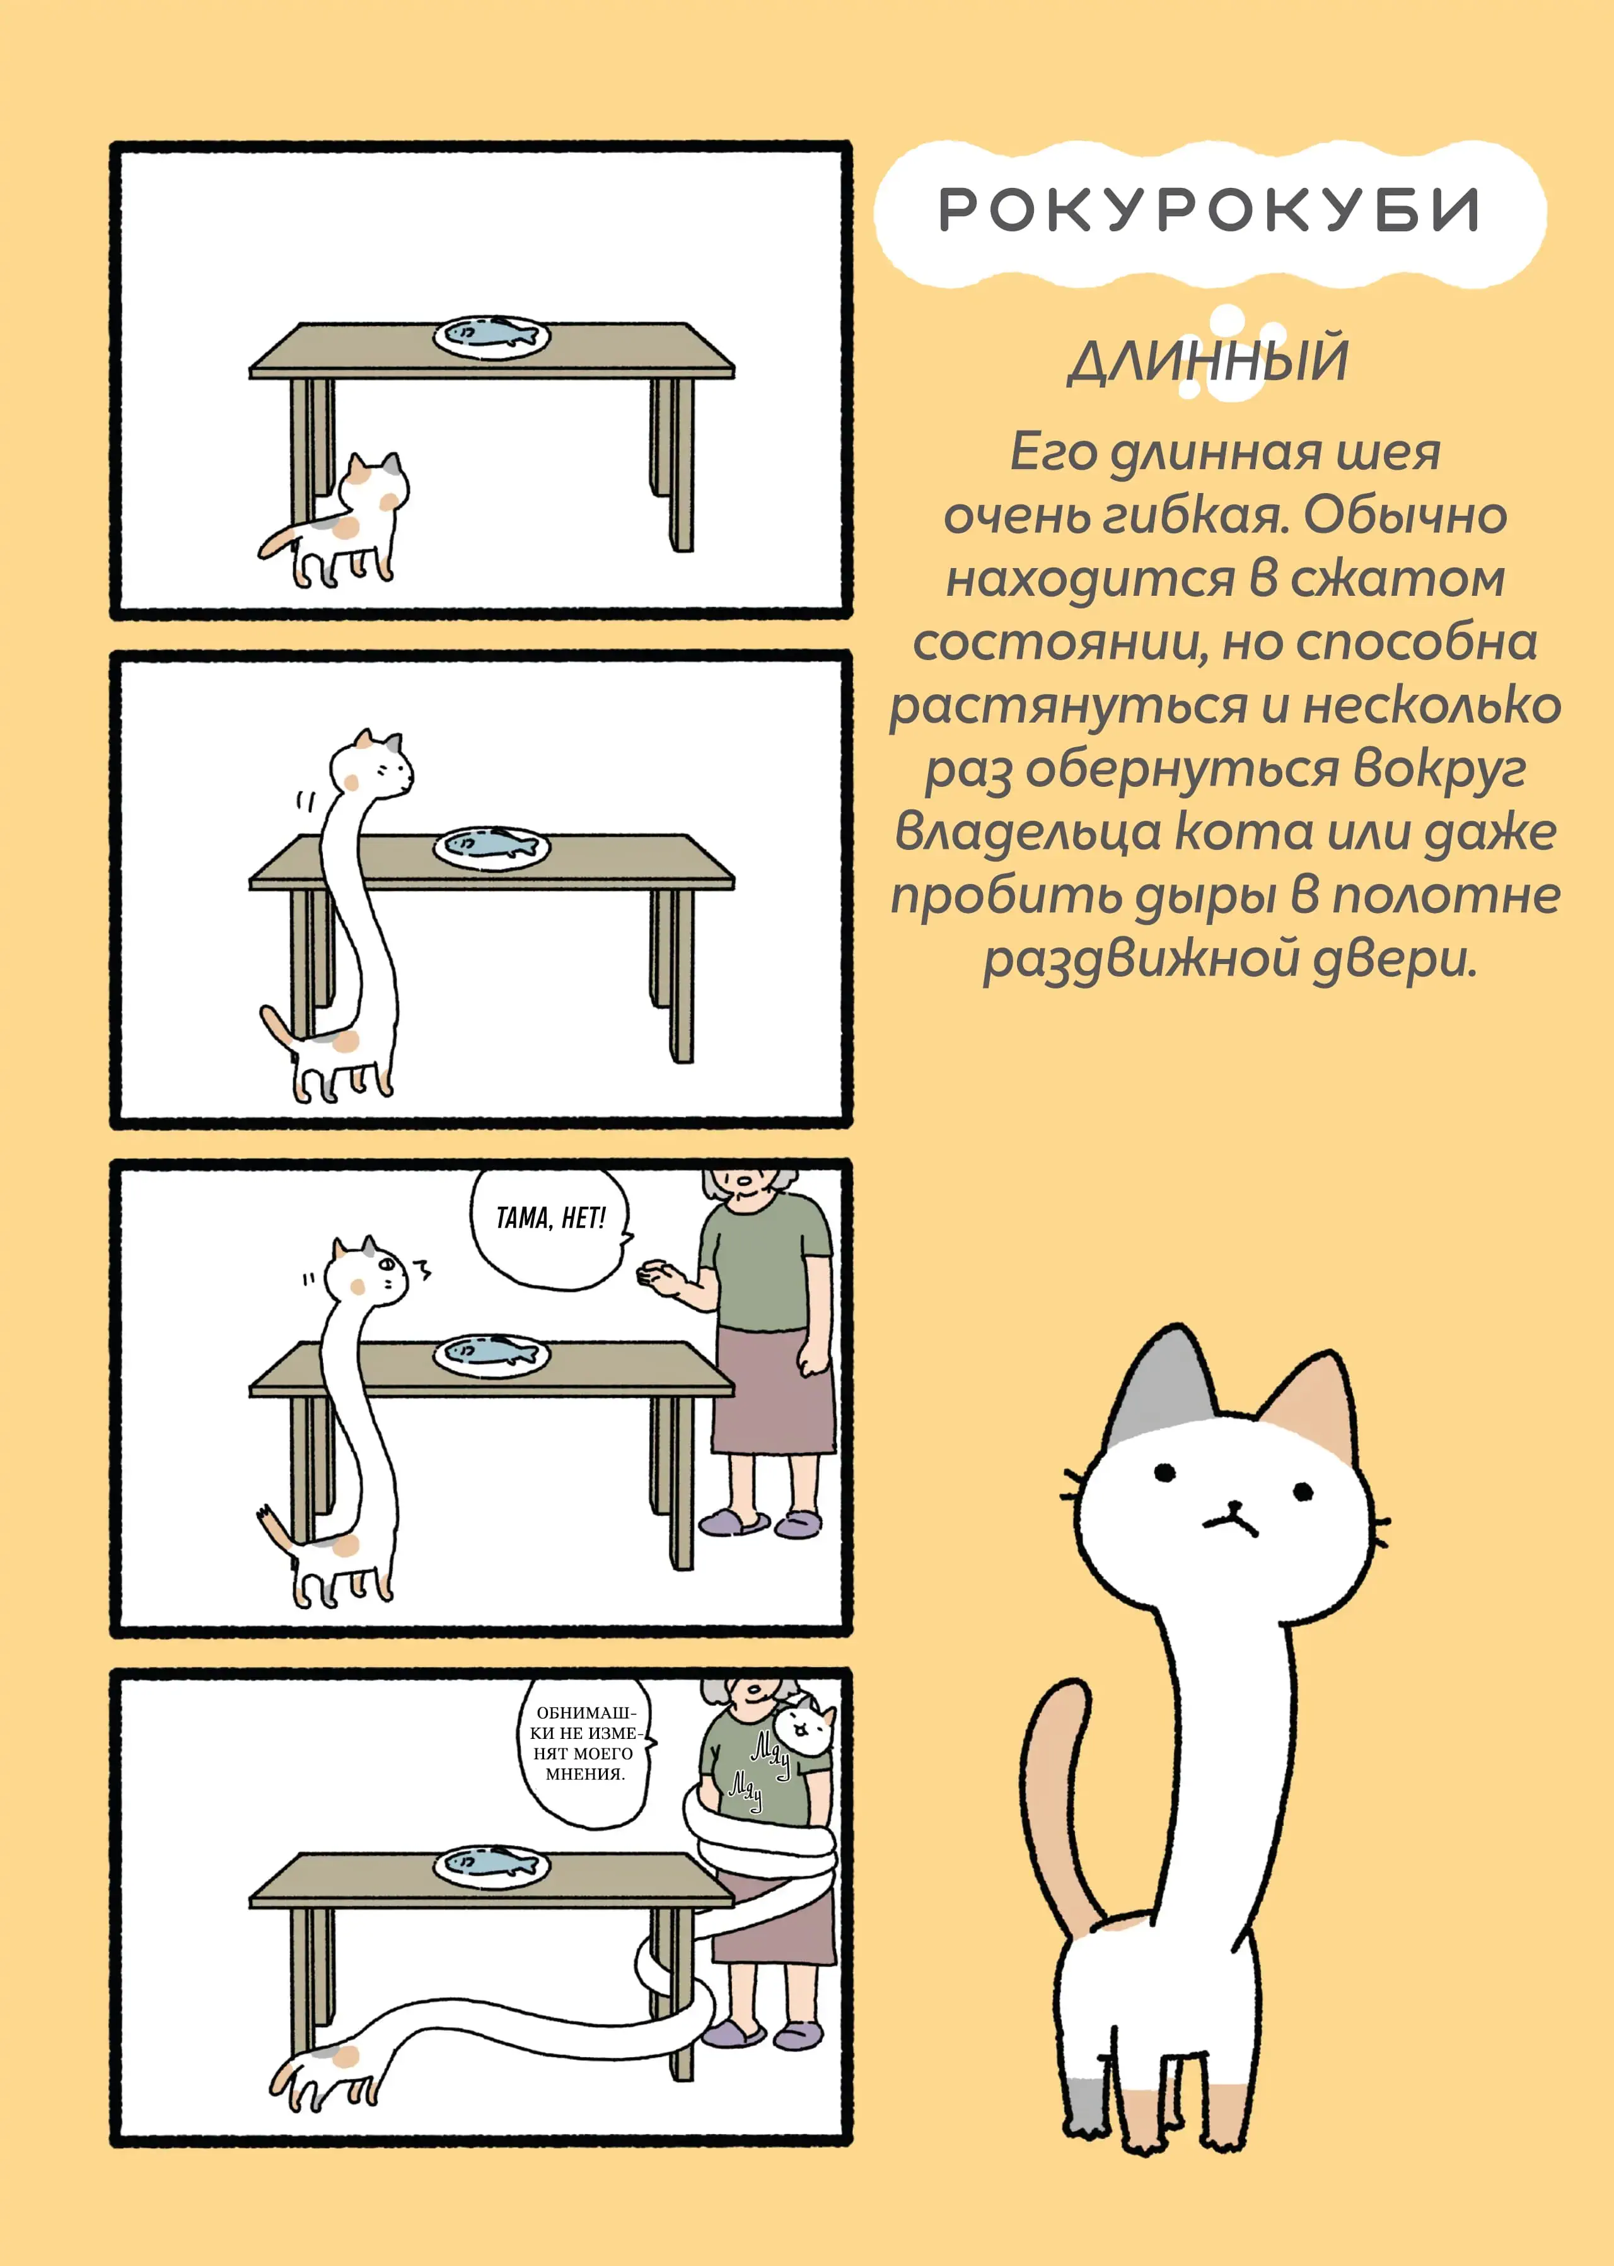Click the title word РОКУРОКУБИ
(x=1209, y=210)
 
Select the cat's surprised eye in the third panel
(x=386, y=1265)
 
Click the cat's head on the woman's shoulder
(x=805, y=1728)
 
